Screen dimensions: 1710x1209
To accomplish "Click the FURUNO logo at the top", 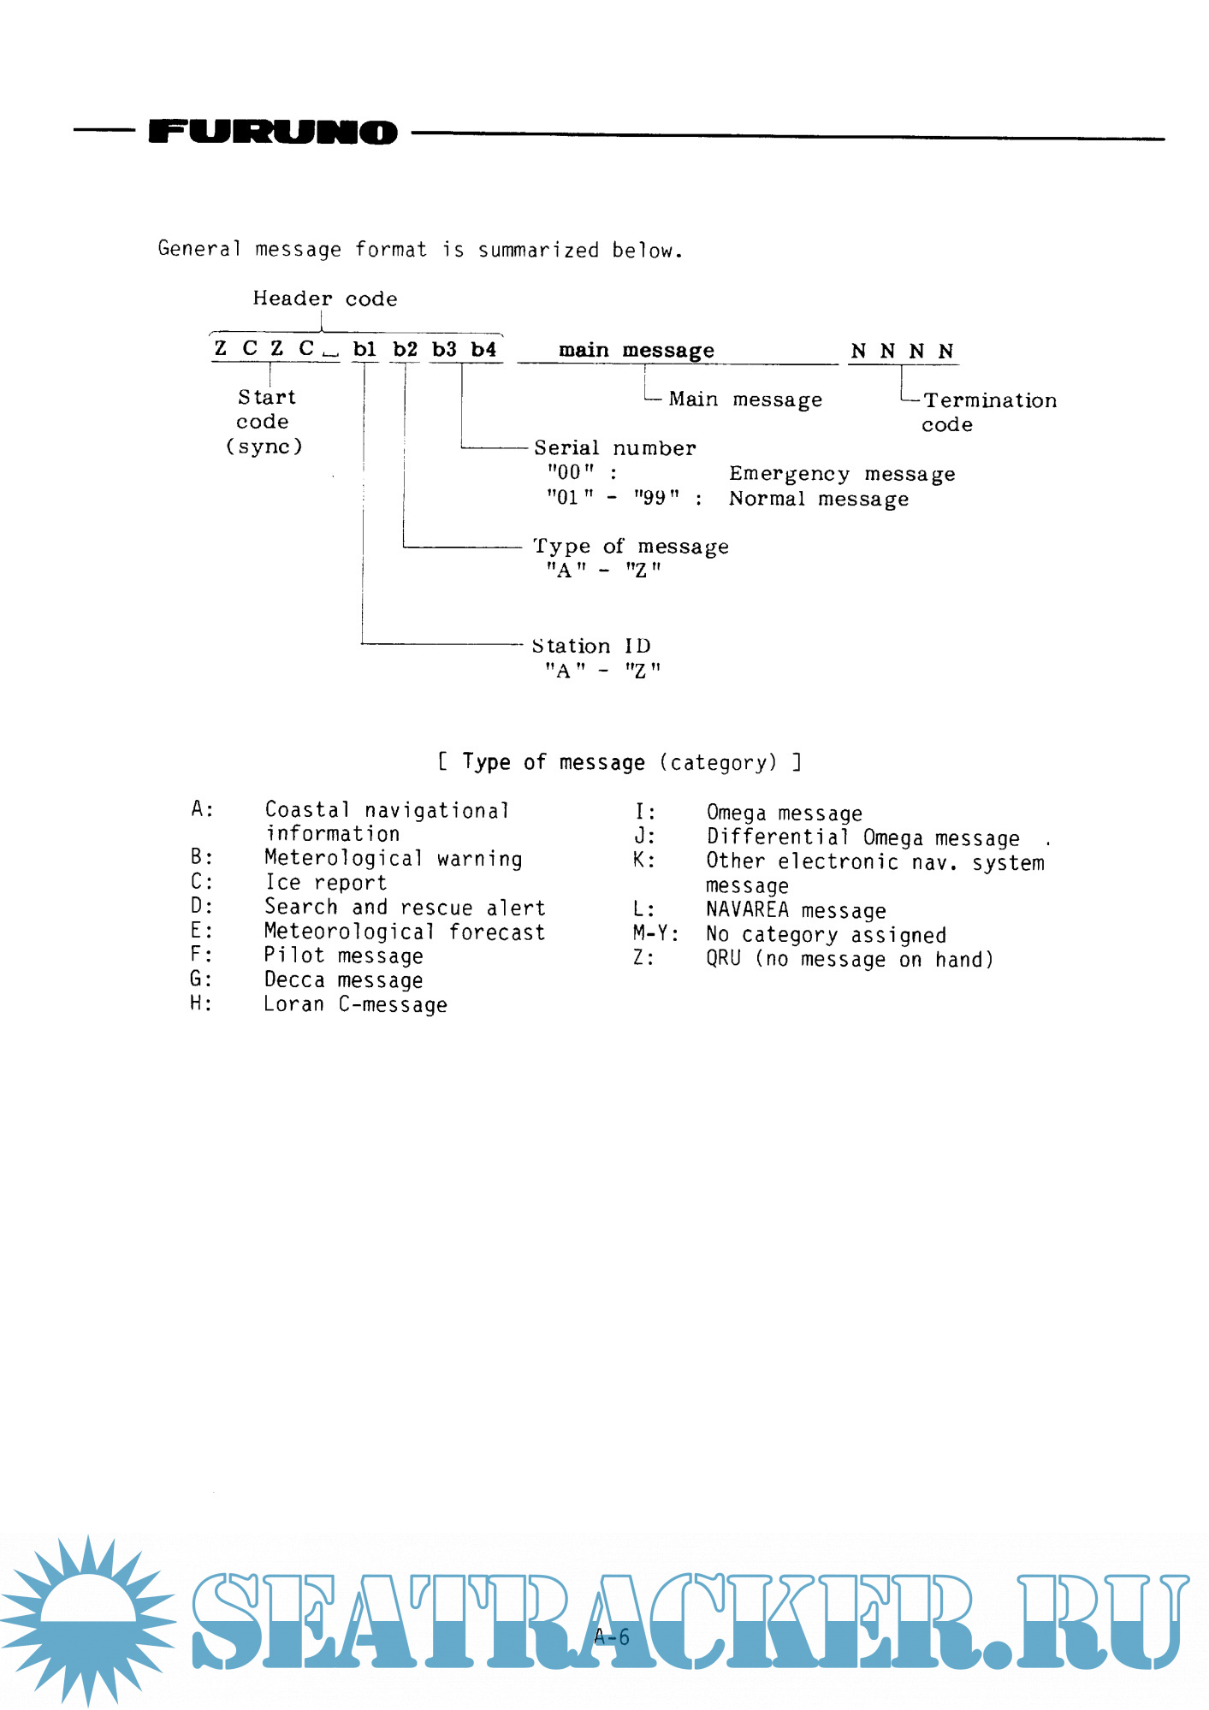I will pyautogui.click(x=273, y=131).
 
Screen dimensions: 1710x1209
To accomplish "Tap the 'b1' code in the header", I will pyautogui.click(x=364, y=349).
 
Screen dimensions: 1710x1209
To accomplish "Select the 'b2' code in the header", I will pyautogui.click(x=405, y=349).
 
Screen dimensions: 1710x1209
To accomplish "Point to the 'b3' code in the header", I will pyautogui.click(x=444, y=349).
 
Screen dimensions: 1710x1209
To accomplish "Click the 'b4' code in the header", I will pyautogui.click(x=483, y=349).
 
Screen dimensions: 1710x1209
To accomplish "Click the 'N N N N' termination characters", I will pyautogui.click(x=902, y=351).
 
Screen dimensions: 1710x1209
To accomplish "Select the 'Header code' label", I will pyautogui.click(x=324, y=299).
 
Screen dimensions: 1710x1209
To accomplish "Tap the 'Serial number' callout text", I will pyautogui.click(x=614, y=447).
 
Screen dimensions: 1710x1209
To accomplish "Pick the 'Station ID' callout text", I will pyautogui.click(x=591, y=646).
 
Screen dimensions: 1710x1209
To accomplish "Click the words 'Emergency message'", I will pyautogui.click(x=842, y=474).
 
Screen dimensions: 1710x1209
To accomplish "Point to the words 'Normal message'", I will pyautogui.click(x=819, y=499).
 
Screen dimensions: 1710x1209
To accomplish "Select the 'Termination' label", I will pyautogui.click(x=990, y=400).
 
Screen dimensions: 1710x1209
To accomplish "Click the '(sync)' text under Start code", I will pyautogui.click(x=264, y=447).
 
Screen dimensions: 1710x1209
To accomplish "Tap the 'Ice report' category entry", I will pyautogui.click(x=325, y=883).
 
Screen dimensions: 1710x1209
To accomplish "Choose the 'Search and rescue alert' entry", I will pyautogui.click(x=404, y=907).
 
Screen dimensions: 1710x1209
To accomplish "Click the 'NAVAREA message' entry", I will pyautogui.click(x=796, y=910).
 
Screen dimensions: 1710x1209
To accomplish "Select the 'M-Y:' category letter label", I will pyautogui.click(x=655, y=934).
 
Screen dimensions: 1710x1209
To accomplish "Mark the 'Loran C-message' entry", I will pyautogui.click(x=355, y=1004).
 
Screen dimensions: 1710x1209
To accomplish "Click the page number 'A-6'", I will pyautogui.click(x=612, y=1637).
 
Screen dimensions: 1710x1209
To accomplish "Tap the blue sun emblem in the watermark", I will pyautogui.click(x=87, y=1618).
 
